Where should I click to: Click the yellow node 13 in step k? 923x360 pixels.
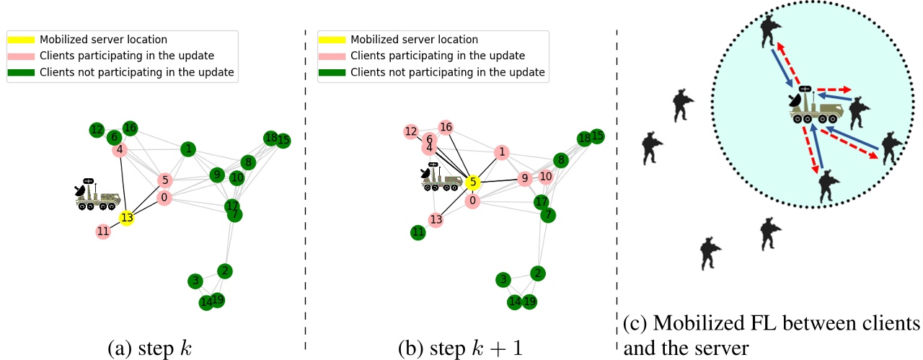(x=126, y=217)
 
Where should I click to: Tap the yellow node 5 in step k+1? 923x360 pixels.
(x=472, y=183)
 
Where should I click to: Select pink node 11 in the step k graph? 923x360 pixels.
(x=103, y=232)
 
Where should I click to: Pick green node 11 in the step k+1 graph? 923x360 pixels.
(x=418, y=232)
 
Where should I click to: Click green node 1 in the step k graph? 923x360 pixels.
(x=188, y=149)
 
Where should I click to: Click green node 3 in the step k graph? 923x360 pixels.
(x=194, y=281)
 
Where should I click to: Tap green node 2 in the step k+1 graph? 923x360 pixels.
(x=537, y=273)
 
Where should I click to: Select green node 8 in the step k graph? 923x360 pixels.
(x=247, y=162)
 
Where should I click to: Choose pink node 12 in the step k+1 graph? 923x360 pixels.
(x=411, y=131)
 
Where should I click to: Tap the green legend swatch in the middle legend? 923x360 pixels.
(x=334, y=72)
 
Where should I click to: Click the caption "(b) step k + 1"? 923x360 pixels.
(x=459, y=348)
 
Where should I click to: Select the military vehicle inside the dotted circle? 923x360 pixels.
(x=816, y=109)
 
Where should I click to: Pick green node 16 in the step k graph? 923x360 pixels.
(x=130, y=128)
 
